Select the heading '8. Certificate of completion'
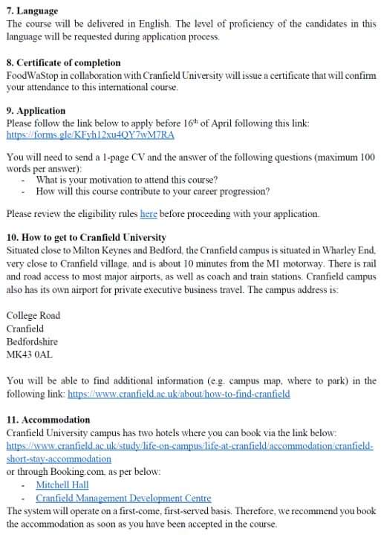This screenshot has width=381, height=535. coord(62,62)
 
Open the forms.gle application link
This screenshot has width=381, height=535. coord(90,135)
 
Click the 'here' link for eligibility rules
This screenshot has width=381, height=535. coord(149,214)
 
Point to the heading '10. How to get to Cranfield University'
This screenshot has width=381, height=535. coord(86,238)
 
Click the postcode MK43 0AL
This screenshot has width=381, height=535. coord(29,356)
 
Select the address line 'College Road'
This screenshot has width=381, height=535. coord(33,315)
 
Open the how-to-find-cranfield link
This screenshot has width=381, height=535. coord(178,394)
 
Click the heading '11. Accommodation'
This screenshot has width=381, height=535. coord(48,420)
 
